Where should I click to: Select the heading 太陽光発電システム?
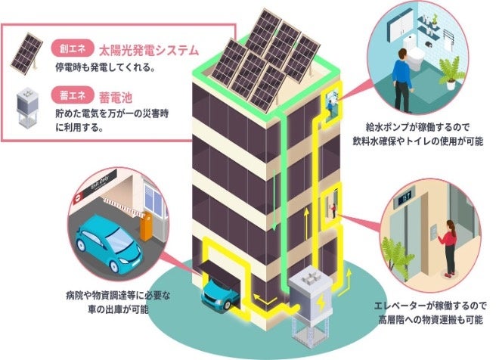point(148,51)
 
